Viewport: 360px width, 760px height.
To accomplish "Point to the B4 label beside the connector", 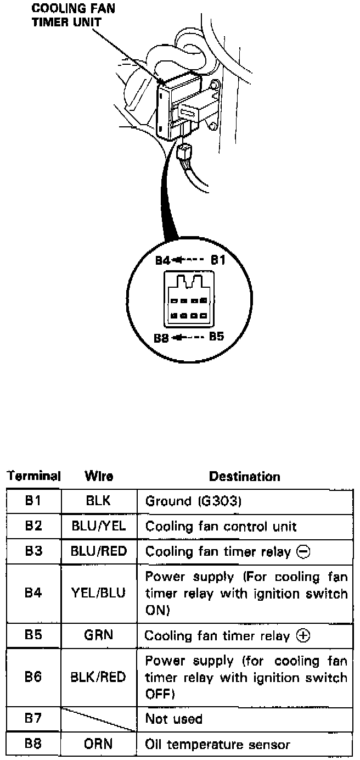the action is pyautogui.click(x=162, y=260).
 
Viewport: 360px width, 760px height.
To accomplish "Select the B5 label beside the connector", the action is pyautogui.click(x=216, y=336).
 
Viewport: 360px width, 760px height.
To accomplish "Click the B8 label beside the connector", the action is pyautogui.click(x=161, y=338).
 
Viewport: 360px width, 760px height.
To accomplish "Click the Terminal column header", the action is pyautogui.click(x=33, y=476).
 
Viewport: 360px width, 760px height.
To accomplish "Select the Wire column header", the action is pyautogui.click(x=99, y=477).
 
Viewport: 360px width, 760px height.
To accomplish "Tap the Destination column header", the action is pyautogui.click(x=245, y=477).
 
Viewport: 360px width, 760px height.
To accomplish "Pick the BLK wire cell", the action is pyautogui.click(x=99, y=501).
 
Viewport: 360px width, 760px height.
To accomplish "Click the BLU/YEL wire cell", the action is pyautogui.click(x=99, y=526).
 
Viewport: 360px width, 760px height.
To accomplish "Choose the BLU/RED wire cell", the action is pyautogui.click(x=99, y=551).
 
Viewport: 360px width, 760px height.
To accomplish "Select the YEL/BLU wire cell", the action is pyautogui.click(x=99, y=593).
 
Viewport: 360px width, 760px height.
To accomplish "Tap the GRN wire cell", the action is pyautogui.click(x=99, y=635).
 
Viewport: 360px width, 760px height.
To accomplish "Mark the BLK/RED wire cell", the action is pyautogui.click(x=99, y=678).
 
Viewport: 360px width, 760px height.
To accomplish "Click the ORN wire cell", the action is pyautogui.click(x=99, y=744).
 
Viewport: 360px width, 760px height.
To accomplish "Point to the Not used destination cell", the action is pyautogui.click(x=174, y=719).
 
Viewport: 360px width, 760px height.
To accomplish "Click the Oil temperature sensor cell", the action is pyautogui.click(x=217, y=745).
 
